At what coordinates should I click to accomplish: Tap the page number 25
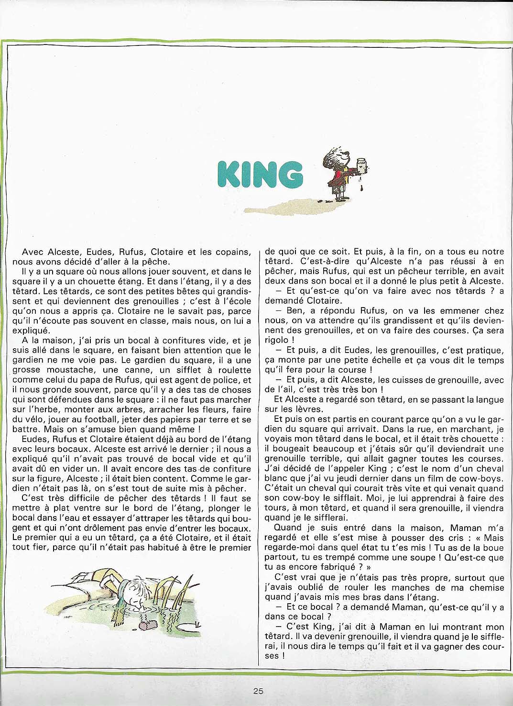click(x=259, y=691)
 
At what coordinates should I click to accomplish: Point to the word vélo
click(x=37, y=419)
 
